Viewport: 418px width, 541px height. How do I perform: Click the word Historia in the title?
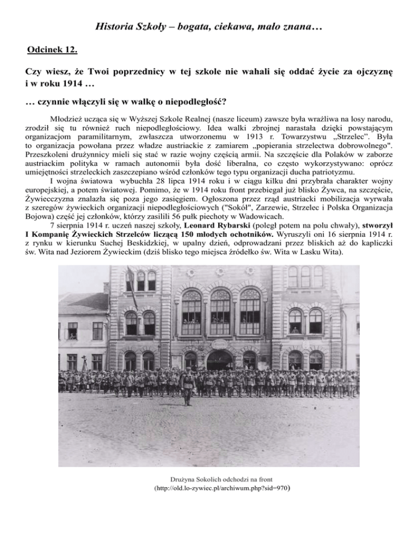112,26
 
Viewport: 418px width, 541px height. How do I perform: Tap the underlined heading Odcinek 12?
52,51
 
